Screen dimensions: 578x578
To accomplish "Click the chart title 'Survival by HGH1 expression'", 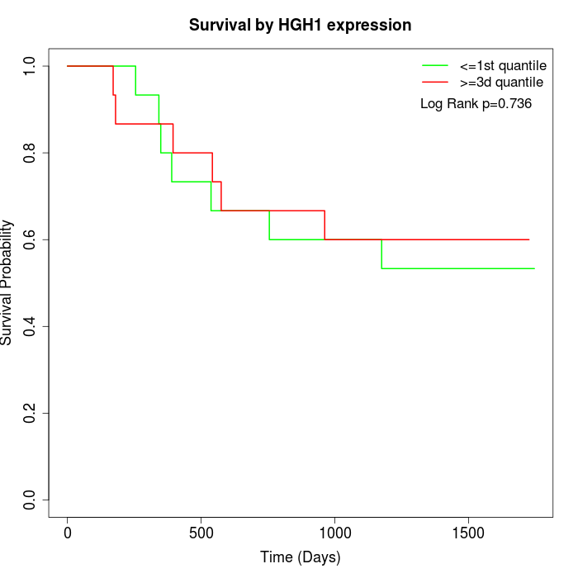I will click(x=300, y=26).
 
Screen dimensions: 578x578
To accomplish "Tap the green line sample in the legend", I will click(x=435, y=65).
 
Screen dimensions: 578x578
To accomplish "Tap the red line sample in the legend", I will click(x=435, y=82).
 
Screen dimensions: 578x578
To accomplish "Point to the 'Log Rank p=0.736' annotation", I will click(x=476, y=104).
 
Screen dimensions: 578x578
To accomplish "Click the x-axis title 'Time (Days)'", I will click(x=300, y=557).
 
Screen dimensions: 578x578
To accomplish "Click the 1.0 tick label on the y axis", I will click(x=31, y=66).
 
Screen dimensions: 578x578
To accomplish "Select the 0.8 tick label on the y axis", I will click(x=31, y=153).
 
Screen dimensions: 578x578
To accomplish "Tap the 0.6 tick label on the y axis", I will click(x=31, y=239).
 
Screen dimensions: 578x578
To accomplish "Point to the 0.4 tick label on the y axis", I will click(x=31, y=326).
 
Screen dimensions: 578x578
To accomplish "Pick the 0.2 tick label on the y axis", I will click(x=31, y=413).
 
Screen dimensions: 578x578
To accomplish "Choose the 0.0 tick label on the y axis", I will click(x=31, y=500).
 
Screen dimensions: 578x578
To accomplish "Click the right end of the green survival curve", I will click(x=534, y=268).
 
